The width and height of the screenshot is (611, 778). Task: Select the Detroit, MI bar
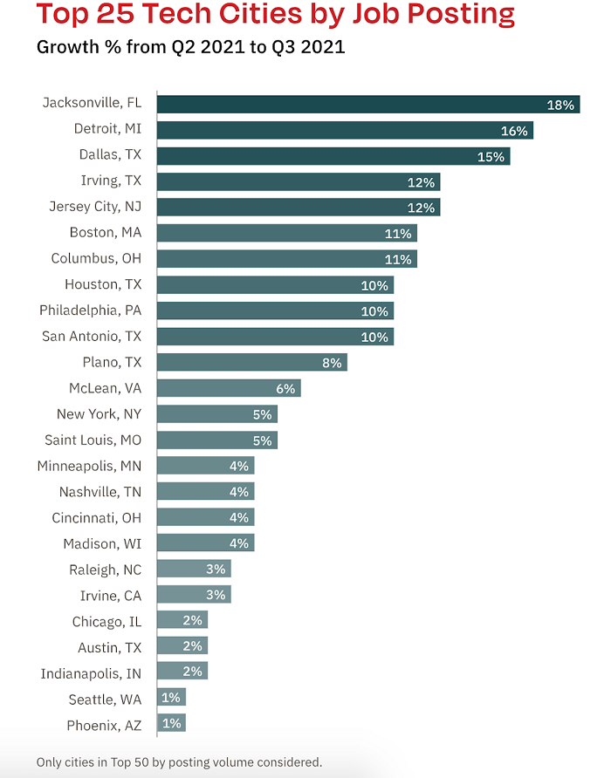(x=345, y=131)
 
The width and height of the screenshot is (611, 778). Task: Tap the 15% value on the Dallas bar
(x=491, y=157)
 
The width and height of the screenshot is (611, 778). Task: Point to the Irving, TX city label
(x=111, y=181)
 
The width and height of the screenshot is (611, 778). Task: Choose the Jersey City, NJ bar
(x=299, y=208)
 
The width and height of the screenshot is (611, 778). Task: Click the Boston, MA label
(x=106, y=233)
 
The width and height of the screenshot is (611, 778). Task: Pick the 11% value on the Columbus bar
(x=398, y=259)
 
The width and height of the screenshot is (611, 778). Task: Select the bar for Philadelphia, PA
(x=275, y=311)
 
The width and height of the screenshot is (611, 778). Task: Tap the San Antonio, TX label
(x=92, y=336)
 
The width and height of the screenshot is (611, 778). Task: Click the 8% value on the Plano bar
(x=332, y=363)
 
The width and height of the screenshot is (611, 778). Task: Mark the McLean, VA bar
(x=229, y=388)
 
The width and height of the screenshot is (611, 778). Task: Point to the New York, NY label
(x=99, y=414)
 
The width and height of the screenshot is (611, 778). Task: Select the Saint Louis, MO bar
(x=217, y=440)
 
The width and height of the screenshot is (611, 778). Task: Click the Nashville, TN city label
(x=100, y=492)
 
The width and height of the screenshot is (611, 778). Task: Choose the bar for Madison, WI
(x=206, y=543)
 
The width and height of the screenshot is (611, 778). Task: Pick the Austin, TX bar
(x=182, y=646)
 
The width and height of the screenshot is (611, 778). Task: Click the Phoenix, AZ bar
(x=172, y=723)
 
